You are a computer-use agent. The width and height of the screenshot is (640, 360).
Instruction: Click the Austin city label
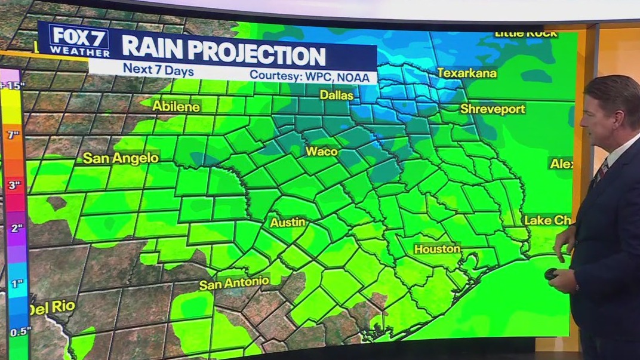click(x=288, y=222)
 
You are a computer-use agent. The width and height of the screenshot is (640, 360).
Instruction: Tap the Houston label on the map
click(x=437, y=248)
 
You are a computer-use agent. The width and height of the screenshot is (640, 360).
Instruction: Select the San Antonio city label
click(x=234, y=284)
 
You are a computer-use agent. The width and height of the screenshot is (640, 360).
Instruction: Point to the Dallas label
click(x=337, y=95)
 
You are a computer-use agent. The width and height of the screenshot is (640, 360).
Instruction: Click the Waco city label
click(x=322, y=152)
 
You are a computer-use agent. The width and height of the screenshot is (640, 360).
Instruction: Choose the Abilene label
click(x=176, y=106)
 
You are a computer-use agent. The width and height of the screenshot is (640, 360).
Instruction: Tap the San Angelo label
click(x=121, y=158)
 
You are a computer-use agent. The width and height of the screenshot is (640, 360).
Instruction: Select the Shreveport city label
click(x=493, y=109)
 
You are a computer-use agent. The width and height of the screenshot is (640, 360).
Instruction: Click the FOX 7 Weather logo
click(x=79, y=41)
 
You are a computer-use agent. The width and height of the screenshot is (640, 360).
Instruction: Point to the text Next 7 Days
click(x=150, y=69)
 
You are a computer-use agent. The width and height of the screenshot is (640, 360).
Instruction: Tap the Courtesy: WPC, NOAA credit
click(x=313, y=76)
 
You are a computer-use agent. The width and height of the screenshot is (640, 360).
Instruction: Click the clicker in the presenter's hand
click(x=552, y=274)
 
